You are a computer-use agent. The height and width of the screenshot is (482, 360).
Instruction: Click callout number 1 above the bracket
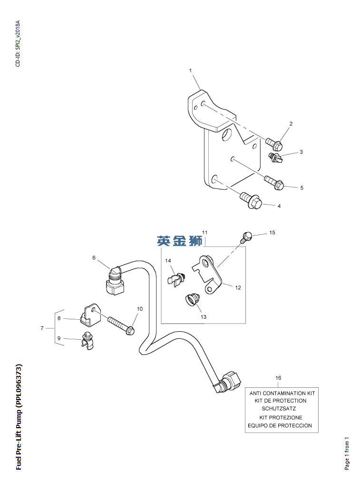pyautogui.click(x=190, y=70)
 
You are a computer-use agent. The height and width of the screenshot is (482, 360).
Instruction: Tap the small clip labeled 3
pyautogui.click(x=276, y=157)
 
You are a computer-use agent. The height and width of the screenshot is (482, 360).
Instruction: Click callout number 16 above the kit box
pyautogui.click(x=278, y=378)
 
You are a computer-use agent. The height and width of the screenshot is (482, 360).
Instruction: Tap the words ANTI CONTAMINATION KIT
pyautogui.click(x=282, y=393)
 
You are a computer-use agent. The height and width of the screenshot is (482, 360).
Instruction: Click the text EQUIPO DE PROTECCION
pyautogui.click(x=280, y=425)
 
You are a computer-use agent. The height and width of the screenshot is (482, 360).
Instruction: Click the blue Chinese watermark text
pyautogui.click(x=180, y=241)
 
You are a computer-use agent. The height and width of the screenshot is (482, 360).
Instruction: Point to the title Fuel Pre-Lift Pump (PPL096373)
pyautogui.click(x=19, y=417)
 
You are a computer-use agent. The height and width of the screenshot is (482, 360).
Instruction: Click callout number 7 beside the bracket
pyautogui.click(x=42, y=328)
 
